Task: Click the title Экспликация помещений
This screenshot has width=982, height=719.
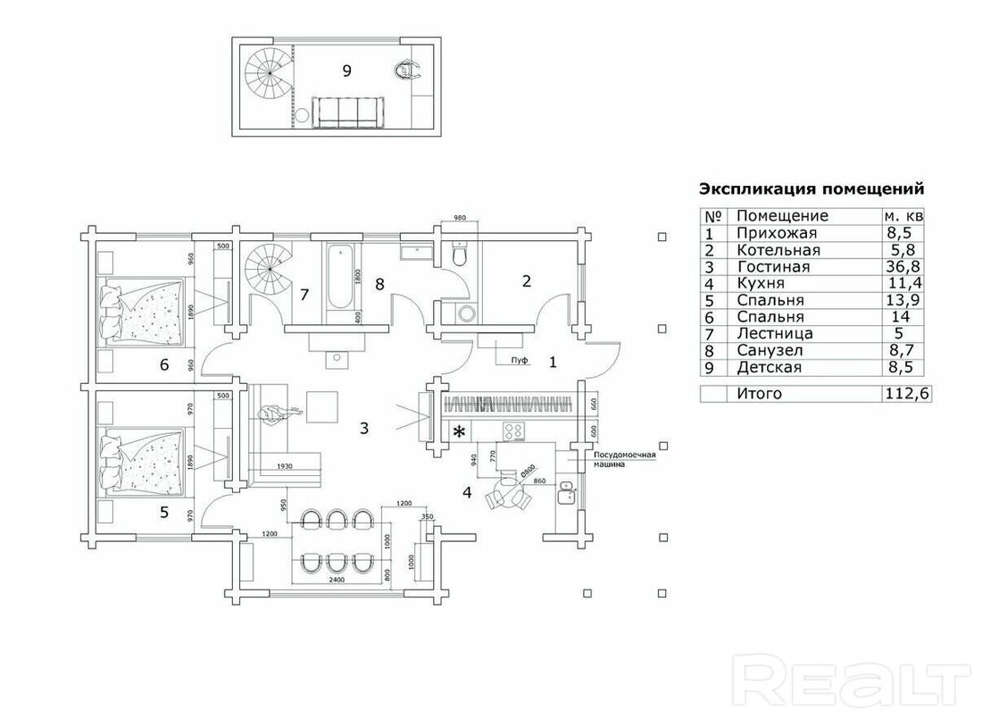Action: (x=810, y=189)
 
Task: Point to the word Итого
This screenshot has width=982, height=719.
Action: (x=759, y=394)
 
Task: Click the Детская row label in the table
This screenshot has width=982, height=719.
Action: (x=769, y=367)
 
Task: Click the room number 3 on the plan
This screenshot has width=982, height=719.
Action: (x=364, y=427)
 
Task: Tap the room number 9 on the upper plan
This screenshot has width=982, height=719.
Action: (x=347, y=71)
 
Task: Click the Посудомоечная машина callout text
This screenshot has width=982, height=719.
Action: (x=624, y=458)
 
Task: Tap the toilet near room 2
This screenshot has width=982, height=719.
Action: (x=460, y=256)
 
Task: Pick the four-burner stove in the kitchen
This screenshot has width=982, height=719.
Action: (x=515, y=431)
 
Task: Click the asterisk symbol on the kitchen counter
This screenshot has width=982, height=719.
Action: (x=460, y=432)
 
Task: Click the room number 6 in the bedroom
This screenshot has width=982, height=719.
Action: (x=163, y=364)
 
